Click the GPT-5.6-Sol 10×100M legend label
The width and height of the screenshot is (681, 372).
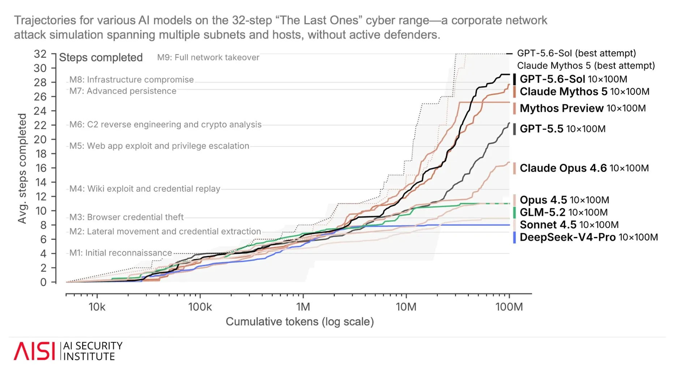(573, 79)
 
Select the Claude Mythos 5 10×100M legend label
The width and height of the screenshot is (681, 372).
(584, 92)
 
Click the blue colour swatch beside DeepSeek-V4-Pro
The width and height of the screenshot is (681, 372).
(514, 237)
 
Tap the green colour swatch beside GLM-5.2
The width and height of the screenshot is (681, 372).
(514, 212)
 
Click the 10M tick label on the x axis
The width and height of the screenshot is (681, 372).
(406, 307)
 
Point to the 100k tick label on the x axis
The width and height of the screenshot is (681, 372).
(200, 307)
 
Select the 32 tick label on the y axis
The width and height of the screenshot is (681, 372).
(40, 54)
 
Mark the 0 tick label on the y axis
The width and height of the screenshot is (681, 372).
(43, 282)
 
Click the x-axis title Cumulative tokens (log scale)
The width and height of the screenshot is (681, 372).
(300, 322)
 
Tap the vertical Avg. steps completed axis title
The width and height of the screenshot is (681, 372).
(22, 169)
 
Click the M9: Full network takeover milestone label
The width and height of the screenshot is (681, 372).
(208, 57)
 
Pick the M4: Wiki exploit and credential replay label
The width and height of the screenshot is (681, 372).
(145, 189)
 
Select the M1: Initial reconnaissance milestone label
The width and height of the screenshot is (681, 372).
(121, 253)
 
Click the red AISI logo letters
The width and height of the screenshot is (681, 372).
(34, 351)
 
